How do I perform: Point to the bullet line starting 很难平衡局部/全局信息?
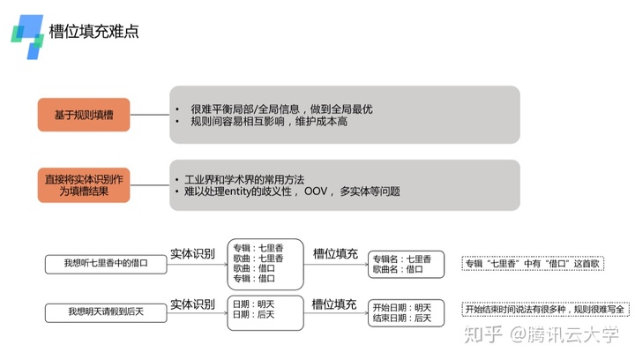point(281,109)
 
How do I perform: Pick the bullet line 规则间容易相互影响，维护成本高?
point(269,122)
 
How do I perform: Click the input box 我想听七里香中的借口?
point(107,262)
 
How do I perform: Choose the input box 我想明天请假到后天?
point(107,311)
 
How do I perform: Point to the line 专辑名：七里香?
point(401,259)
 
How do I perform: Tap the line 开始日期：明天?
point(401,306)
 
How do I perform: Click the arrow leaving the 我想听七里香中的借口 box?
point(193,263)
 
